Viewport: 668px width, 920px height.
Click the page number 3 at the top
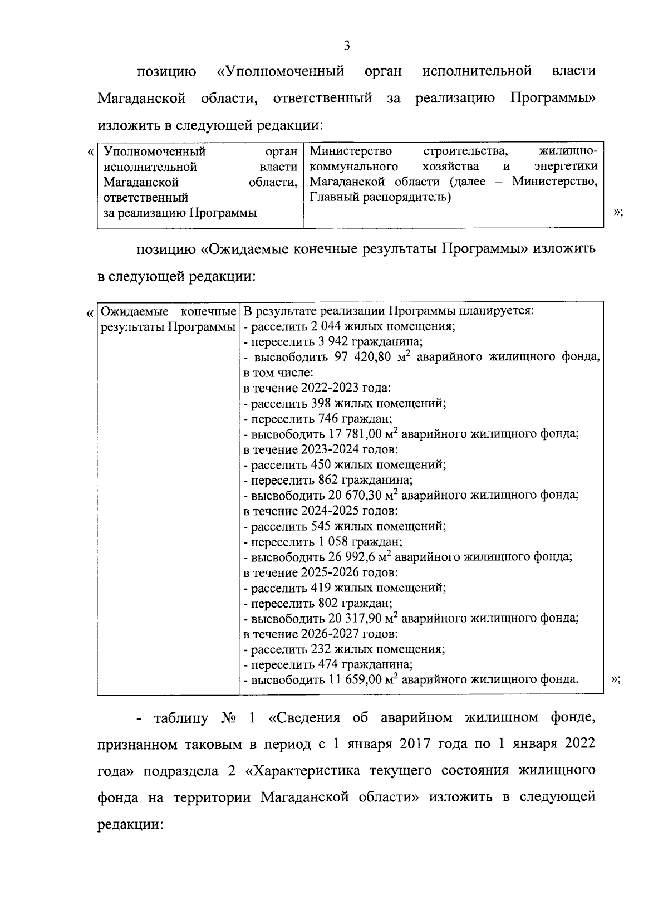coord(346,46)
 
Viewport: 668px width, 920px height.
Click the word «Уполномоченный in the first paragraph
coord(280,71)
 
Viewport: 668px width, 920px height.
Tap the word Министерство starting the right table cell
coord(351,151)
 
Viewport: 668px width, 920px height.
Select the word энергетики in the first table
coord(566,167)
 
